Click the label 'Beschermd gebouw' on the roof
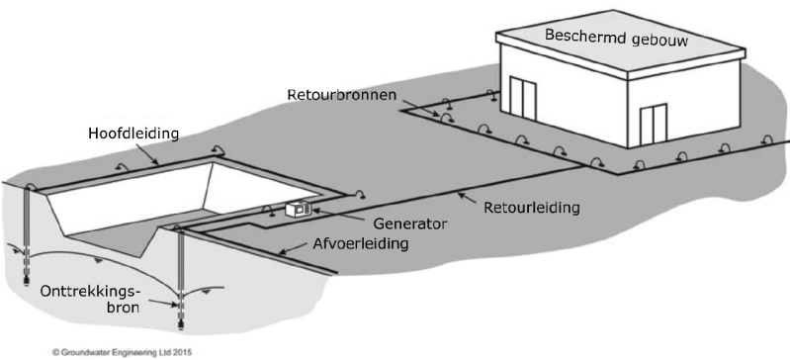pos(616,38)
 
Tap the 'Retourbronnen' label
pos(343,95)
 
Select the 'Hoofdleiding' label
pos(133,134)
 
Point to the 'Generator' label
pos(409,224)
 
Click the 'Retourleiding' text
pos(532,208)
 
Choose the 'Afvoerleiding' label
pos(359,244)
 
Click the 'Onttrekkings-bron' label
pos(90,300)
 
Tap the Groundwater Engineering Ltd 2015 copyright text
pos(122,352)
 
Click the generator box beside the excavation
pos(298,209)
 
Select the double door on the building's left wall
pos(522,98)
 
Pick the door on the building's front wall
pos(654,125)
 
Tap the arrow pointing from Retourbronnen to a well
pos(430,112)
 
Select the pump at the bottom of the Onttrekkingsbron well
pos(180,317)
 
